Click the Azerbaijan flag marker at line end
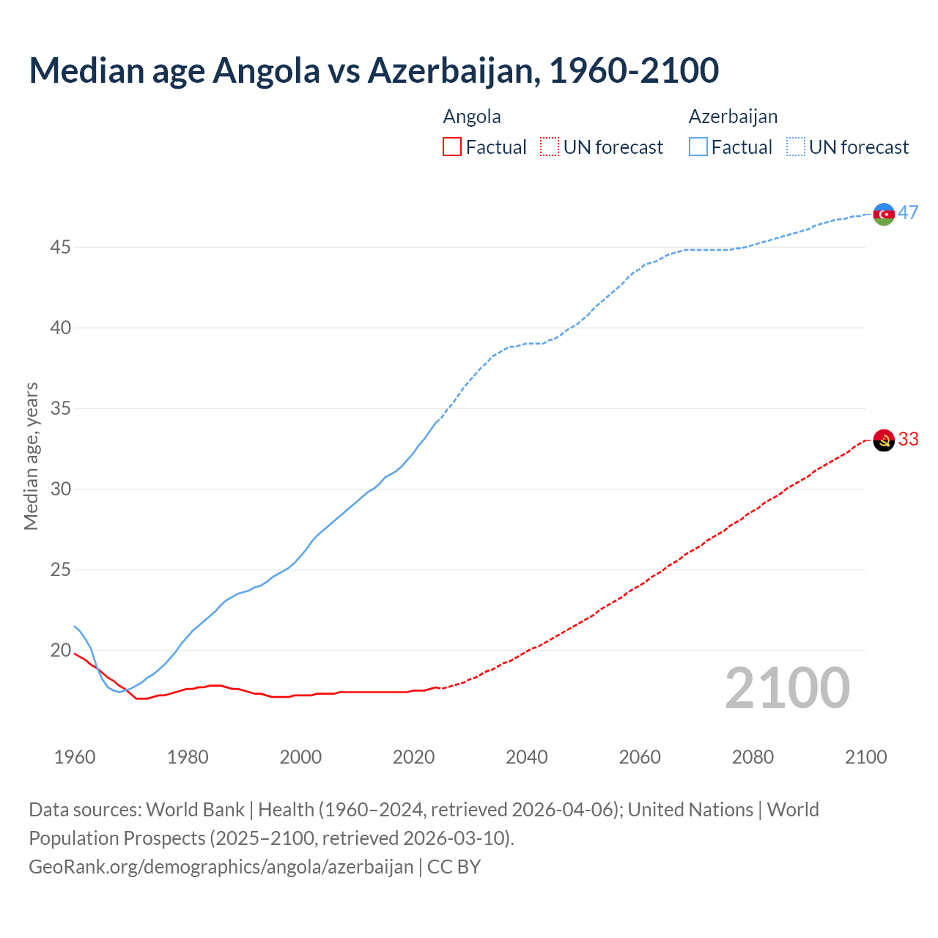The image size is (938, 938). [884, 214]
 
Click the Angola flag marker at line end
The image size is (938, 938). [884, 440]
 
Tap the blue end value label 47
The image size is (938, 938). [909, 213]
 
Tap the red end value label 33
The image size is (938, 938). [909, 439]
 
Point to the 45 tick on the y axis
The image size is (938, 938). [60, 248]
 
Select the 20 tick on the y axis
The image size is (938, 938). [60, 651]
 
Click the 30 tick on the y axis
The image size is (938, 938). [60, 490]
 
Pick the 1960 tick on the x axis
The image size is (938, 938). [75, 757]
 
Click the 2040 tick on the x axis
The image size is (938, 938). [527, 757]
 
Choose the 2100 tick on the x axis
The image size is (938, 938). [865, 757]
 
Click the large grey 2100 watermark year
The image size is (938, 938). [788, 688]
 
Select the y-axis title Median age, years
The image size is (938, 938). [31, 456]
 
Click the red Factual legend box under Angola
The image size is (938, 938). [452, 147]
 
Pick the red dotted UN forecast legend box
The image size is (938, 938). [550, 147]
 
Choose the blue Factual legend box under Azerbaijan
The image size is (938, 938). [698, 147]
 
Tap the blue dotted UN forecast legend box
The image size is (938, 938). [796, 147]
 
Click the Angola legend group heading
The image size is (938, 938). [472, 117]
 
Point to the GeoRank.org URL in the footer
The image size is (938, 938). [221, 867]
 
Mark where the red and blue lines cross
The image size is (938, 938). [127, 690]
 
